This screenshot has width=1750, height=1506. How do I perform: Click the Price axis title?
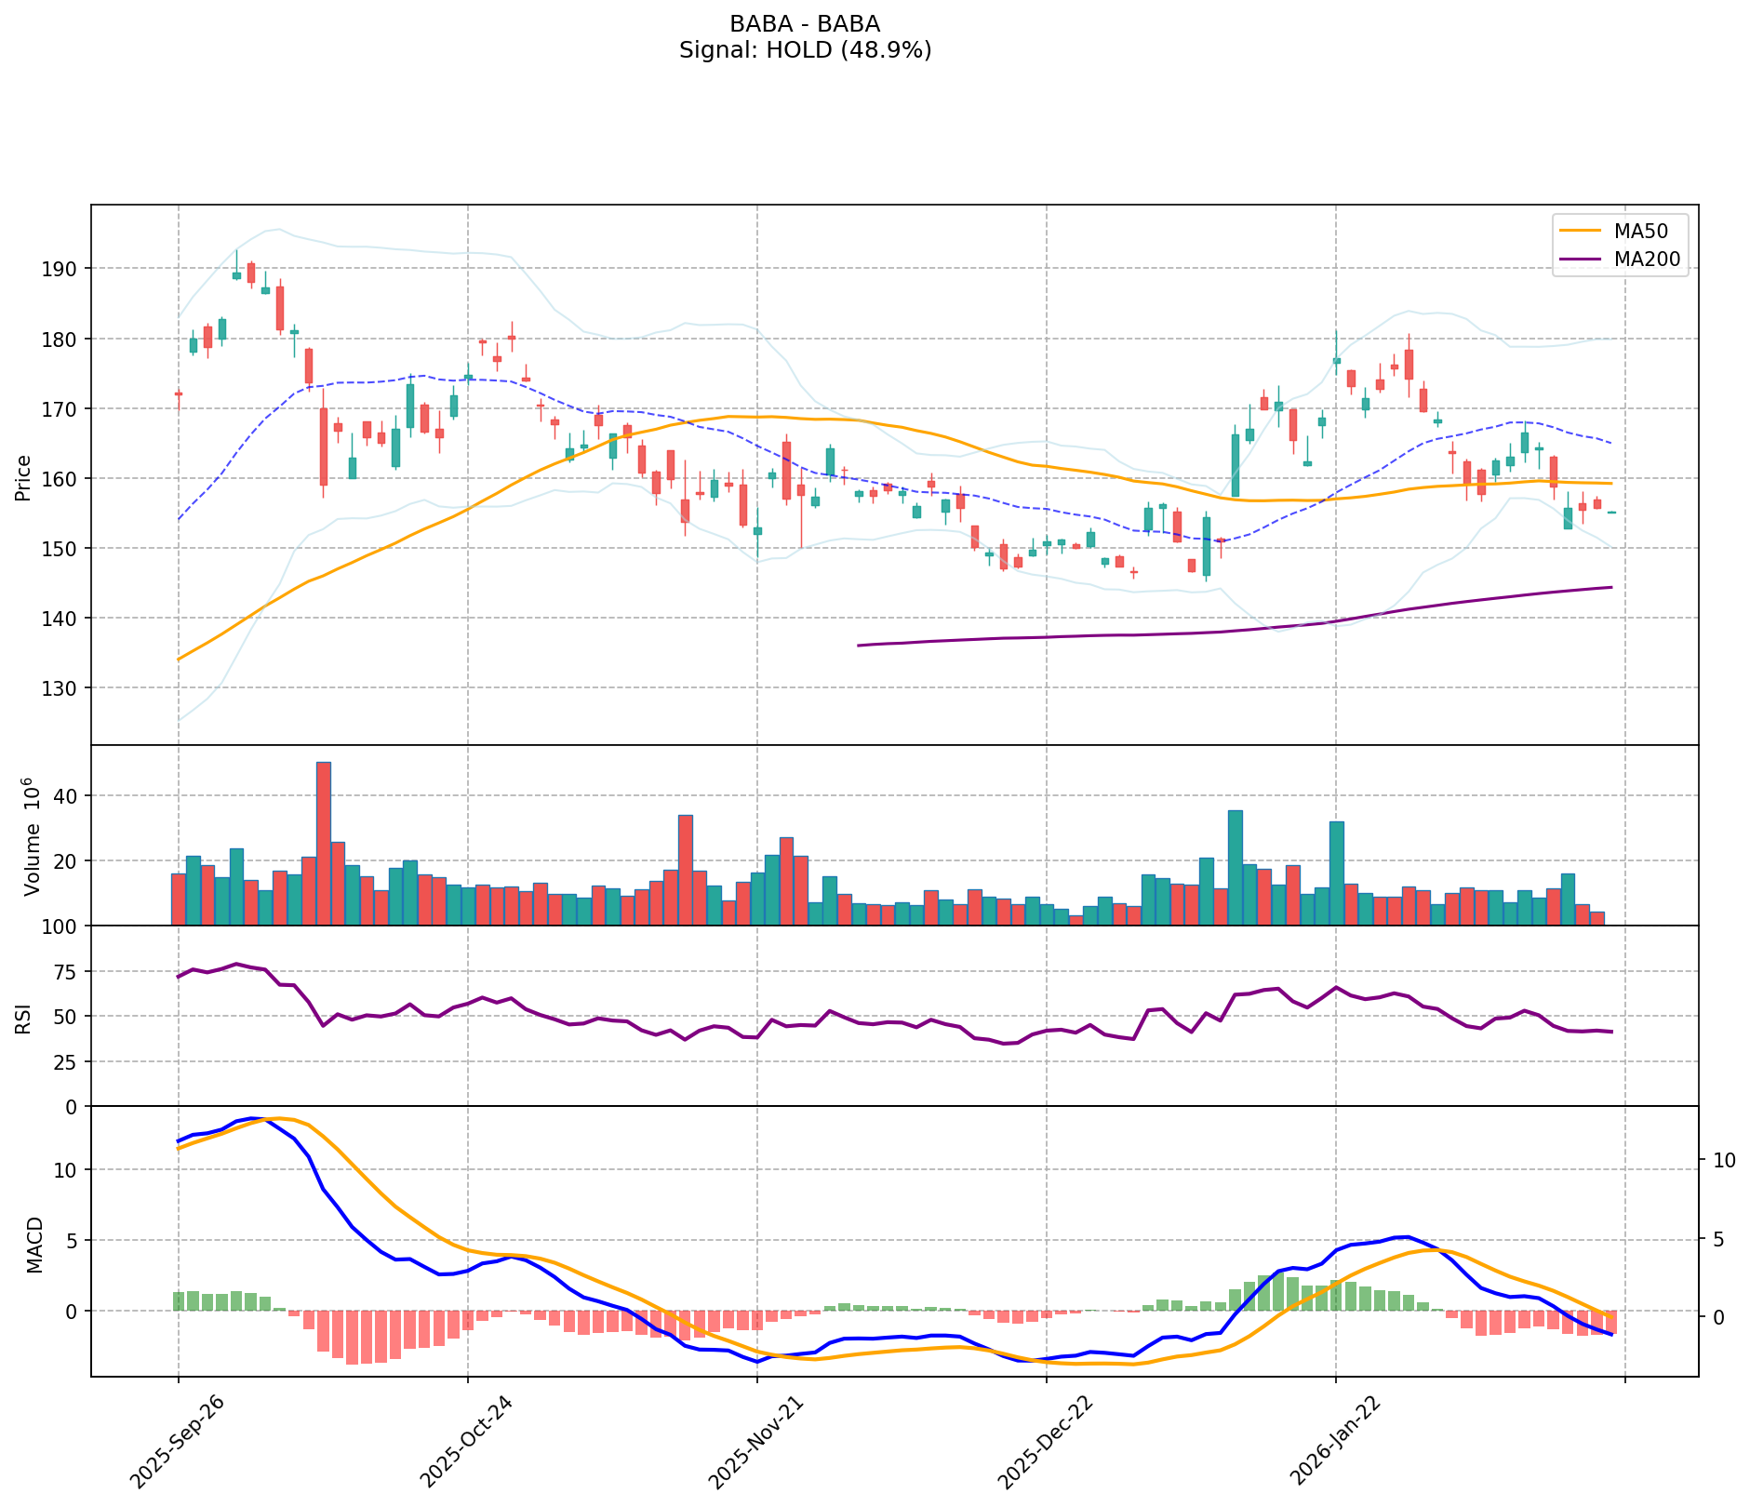click(x=24, y=477)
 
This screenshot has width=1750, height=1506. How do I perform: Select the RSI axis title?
click(x=24, y=1018)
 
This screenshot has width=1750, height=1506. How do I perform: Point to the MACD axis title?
click(x=35, y=1245)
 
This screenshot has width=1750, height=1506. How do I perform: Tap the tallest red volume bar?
click(x=324, y=843)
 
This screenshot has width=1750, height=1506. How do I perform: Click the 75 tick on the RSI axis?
click(x=67, y=972)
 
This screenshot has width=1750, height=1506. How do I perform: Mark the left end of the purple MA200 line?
click(x=858, y=645)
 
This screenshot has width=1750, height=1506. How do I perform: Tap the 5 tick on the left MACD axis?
click(x=75, y=1240)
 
